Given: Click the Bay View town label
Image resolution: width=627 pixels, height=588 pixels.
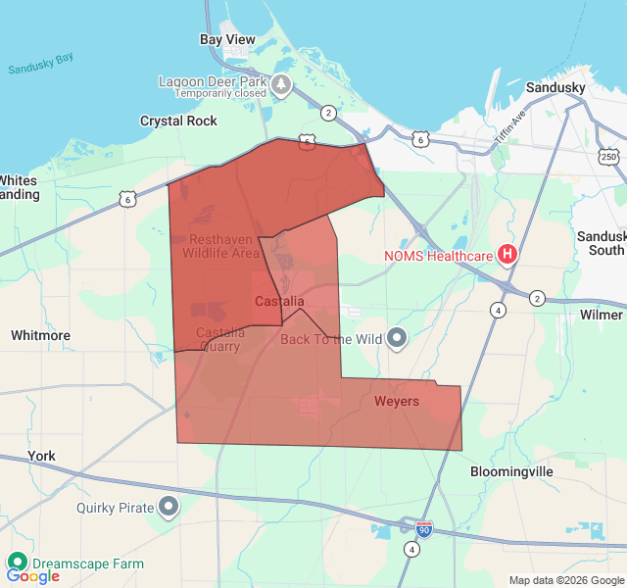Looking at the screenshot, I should click(227, 40).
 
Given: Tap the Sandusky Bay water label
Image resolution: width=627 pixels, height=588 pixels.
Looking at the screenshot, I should click(40, 65).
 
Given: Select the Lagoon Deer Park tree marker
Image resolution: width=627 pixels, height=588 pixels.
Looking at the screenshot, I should click(282, 85).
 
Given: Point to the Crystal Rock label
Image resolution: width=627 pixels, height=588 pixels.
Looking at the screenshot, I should click(178, 121).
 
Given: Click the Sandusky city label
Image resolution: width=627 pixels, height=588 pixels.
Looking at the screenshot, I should click(555, 87).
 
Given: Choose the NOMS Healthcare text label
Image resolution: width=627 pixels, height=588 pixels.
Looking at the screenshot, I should click(437, 257).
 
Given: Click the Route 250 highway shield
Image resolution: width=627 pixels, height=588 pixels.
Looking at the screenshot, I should click(608, 157).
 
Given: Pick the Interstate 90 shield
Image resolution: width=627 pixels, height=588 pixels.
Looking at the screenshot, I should click(423, 529).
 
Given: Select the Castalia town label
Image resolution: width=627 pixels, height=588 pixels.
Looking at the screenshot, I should click(279, 301).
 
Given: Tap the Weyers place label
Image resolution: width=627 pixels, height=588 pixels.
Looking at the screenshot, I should click(396, 402).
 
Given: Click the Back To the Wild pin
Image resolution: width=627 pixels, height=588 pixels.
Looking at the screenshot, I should click(397, 339).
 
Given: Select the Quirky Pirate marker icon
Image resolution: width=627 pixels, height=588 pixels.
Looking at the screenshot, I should click(169, 508).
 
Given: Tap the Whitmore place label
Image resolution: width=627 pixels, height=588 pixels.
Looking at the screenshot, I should click(40, 335).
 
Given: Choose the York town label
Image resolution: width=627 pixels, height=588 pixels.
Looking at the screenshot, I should click(42, 456).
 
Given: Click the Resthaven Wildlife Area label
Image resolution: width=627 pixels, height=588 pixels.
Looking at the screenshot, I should click(221, 246).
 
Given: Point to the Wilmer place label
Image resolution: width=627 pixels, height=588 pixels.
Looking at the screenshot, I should click(601, 315).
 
